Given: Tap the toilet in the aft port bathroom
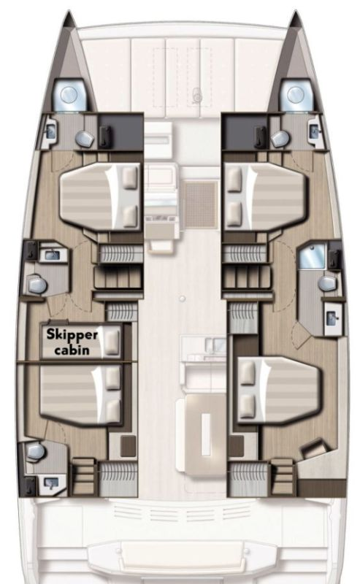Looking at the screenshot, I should (x=37, y=453).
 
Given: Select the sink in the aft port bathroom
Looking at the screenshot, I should (x=50, y=483).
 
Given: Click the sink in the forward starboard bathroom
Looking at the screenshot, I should (x=314, y=131).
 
